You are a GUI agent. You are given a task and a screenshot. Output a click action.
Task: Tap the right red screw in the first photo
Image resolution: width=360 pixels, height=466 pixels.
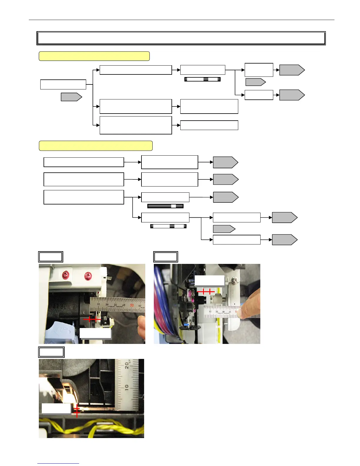pos(88,276)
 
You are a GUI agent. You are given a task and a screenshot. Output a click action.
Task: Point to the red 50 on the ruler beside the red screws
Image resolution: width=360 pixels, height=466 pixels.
pos(132,305)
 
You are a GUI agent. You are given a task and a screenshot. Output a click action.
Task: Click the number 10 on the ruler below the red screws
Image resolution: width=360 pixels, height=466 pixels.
pos(99,304)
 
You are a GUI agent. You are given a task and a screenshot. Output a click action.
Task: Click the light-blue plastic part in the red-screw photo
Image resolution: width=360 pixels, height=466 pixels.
pos(63,331)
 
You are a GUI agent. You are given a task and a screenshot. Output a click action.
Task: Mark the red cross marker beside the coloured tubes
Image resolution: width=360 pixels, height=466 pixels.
pos(206,292)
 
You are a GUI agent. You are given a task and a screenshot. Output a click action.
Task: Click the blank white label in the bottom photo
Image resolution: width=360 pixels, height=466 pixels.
pos(56,408)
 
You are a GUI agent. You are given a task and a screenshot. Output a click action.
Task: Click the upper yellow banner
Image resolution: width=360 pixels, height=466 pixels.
pos(94,56)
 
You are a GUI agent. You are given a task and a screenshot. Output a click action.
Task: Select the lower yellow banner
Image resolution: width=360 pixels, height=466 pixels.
pos(96,146)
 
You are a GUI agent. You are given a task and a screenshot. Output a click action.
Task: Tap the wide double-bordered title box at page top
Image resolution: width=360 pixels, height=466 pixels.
pos(181,38)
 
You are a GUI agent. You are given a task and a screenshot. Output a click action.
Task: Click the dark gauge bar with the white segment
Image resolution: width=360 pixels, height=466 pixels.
pos(165,206)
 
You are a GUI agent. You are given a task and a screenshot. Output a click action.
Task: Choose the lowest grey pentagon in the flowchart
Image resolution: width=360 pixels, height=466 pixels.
pos(284,240)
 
